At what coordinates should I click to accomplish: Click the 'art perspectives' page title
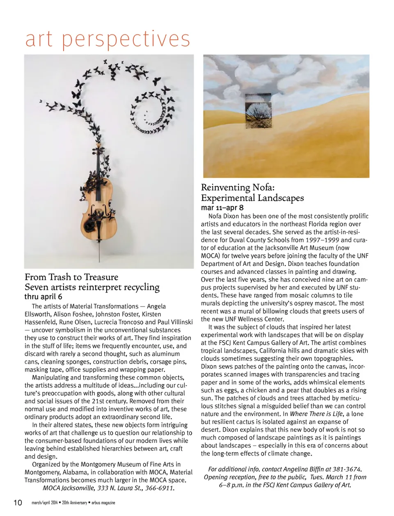[x=108, y=39]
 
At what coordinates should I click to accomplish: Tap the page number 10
[x=18, y=503]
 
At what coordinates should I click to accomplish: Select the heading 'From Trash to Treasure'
[x=71, y=277]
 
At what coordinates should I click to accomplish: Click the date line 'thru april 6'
[x=43, y=297]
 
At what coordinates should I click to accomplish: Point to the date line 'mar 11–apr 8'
[x=222, y=207]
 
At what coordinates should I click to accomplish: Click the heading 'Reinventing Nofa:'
[x=238, y=187]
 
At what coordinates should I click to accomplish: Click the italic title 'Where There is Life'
[x=316, y=414]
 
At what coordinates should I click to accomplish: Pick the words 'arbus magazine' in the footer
[x=103, y=503]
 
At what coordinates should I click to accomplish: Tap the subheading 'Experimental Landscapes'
[x=252, y=198]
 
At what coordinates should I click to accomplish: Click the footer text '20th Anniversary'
[x=74, y=503]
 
